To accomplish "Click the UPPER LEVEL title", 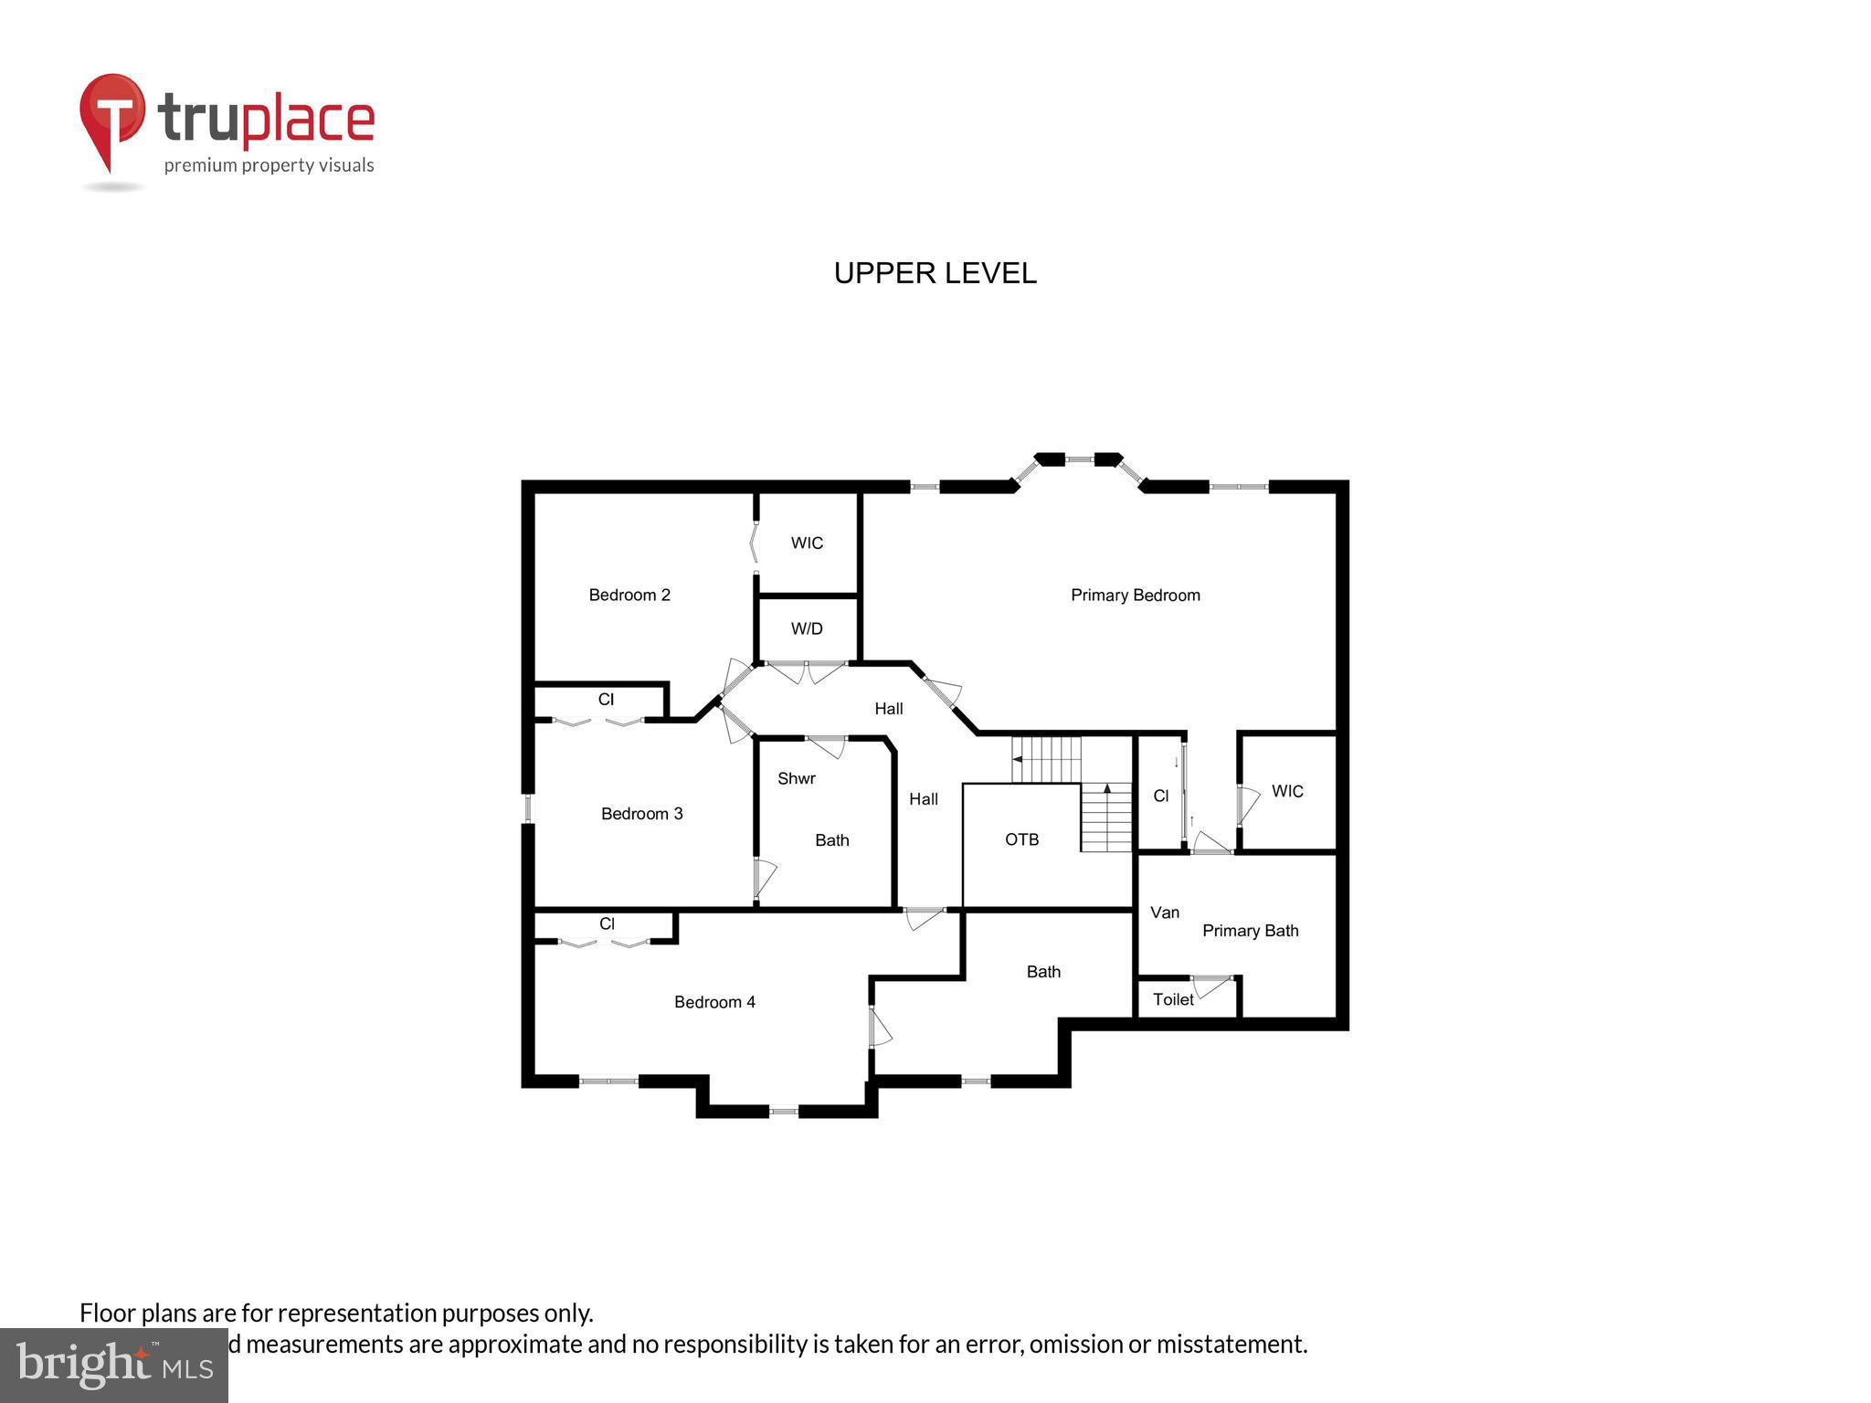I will [x=935, y=273].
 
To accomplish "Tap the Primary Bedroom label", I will [x=1135, y=595].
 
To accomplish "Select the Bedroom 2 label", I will [x=629, y=595].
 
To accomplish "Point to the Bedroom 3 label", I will [x=641, y=813].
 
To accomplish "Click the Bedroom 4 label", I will [x=714, y=1001].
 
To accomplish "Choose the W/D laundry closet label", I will [x=807, y=628].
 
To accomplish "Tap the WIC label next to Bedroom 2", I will [x=807, y=543].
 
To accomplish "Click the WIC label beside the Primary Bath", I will [x=1287, y=791].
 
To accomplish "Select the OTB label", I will [x=1021, y=839].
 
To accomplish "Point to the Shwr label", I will [x=796, y=778].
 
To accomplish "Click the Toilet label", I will [x=1173, y=999].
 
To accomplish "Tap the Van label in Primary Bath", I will [x=1165, y=912].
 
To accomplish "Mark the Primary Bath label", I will [x=1250, y=930].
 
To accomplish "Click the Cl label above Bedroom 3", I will [x=606, y=700].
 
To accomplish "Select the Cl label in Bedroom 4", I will [x=607, y=923].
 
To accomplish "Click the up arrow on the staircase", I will [x=1107, y=787].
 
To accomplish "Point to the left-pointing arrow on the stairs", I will [x=1017, y=759].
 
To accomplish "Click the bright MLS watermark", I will [x=113, y=1365].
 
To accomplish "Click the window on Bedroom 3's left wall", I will [x=528, y=809].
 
